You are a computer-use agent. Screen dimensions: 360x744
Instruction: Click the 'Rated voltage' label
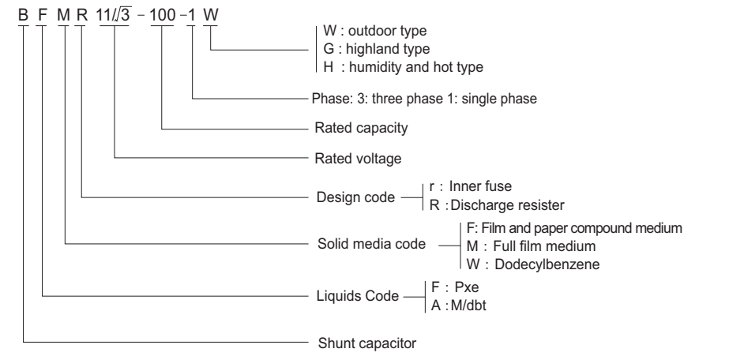click(x=351, y=159)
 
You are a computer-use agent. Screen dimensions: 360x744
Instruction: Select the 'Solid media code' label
click(x=363, y=244)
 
